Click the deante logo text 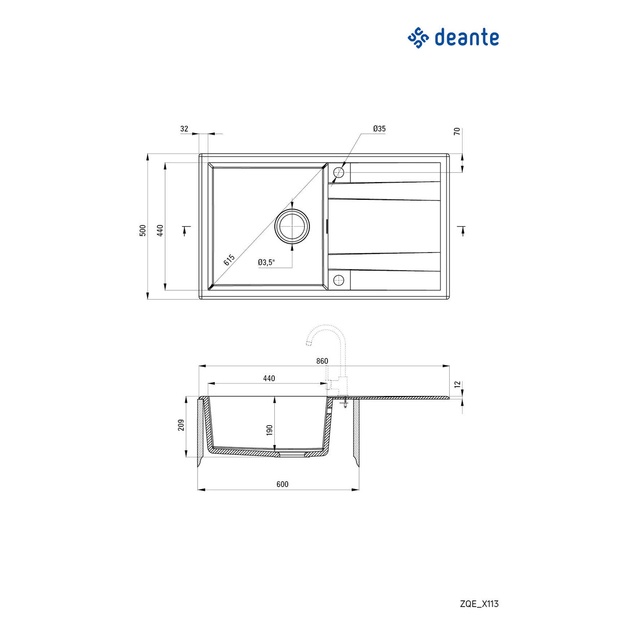(x=466, y=38)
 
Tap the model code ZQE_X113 (x=479, y=604)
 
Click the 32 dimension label (x=185, y=129)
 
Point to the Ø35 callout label (x=379, y=129)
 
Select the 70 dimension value (x=457, y=131)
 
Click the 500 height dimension (x=143, y=230)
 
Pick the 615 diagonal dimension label (x=229, y=260)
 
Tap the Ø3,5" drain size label (x=266, y=262)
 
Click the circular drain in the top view (x=292, y=226)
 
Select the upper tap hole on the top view (x=339, y=172)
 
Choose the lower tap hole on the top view (x=339, y=280)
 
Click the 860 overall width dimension (x=322, y=361)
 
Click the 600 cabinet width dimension (x=282, y=484)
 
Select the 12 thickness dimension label (x=457, y=385)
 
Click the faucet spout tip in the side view (x=307, y=343)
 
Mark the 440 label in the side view (x=269, y=378)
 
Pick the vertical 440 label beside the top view (x=160, y=230)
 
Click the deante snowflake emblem (x=419, y=38)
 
